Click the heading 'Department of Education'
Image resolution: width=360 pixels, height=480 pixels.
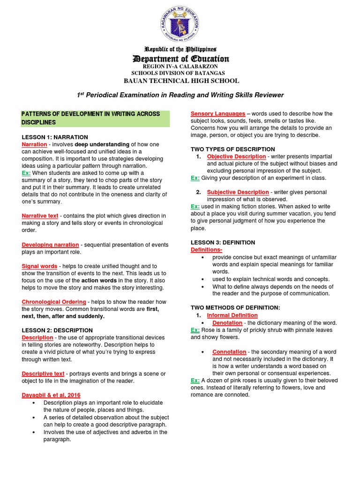(180, 59)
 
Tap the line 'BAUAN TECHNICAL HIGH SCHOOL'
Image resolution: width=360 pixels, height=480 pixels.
(181, 81)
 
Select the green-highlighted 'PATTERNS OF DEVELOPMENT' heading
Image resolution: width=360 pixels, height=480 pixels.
(95, 118)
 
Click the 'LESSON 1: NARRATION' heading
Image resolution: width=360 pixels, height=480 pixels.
(55, 137)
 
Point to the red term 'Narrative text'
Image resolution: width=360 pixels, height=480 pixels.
(40, 216)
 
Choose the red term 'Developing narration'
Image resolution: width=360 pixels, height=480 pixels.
(50, 245)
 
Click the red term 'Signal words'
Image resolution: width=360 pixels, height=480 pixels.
(39, 266)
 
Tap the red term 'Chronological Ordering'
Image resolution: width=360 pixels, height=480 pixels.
(54, 302)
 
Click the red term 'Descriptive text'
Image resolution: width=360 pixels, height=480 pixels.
(43, 374)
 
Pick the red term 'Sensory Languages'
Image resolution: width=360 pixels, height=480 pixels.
(218, 113)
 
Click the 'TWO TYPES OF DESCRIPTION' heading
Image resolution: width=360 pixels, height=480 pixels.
(233, 149)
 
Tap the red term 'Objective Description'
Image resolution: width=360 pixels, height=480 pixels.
(237, 157)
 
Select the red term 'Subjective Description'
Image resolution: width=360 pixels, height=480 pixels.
(238, 192)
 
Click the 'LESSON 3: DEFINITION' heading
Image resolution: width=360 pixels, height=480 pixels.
(223, 242)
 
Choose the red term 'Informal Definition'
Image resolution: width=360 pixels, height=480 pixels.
(232, 315)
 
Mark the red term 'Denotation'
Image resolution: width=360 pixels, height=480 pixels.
(227, 323)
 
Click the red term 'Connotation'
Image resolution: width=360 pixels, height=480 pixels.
(229, 352)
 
